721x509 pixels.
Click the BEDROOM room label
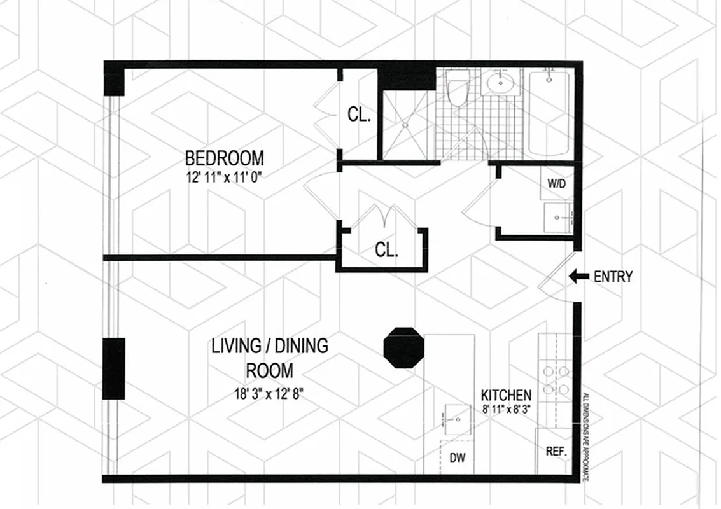coord(224,157)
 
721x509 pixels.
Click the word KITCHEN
coord(506,394)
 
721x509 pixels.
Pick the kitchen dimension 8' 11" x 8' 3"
coord(506,409)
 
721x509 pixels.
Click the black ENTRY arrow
coord(578,276)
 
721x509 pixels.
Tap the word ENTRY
coord(613,277)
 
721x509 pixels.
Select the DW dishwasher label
coord(457,456)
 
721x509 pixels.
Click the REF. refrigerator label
coord(556,452)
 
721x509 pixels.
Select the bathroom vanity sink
coord(503,82)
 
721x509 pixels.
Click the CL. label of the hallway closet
coord(386,250)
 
